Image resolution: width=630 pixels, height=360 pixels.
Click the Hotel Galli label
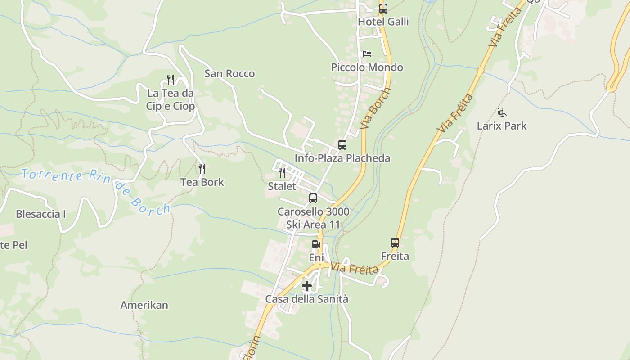(383, 22)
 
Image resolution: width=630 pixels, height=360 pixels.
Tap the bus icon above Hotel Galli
(383, 9)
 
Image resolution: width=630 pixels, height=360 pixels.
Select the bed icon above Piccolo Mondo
(367, 54)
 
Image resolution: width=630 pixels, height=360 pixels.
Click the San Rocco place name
(229, 73)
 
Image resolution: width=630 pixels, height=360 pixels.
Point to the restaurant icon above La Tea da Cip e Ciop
(171, 80)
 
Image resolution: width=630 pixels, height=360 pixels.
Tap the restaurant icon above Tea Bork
(202, 169)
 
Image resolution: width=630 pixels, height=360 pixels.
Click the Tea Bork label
(202, 182)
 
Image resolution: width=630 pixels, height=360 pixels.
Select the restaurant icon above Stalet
(282, 173)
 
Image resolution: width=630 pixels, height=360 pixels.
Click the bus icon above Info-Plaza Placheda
(342, 145)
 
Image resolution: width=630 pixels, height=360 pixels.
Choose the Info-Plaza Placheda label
(342, 158)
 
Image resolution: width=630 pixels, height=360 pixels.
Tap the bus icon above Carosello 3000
(313, 198)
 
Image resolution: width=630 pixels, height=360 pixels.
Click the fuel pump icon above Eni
(316, 244)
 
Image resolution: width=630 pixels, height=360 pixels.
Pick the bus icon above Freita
(395, 243)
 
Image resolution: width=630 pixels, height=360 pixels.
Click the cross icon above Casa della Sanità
(307, 286)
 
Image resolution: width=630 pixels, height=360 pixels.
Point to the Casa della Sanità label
(307, 299)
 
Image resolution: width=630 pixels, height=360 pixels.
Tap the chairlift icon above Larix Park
(502, 112)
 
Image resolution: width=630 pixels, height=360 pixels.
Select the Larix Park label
(502, 126)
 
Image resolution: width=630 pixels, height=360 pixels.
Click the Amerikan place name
(144, 305)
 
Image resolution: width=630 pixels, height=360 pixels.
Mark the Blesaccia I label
(41, 214)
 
